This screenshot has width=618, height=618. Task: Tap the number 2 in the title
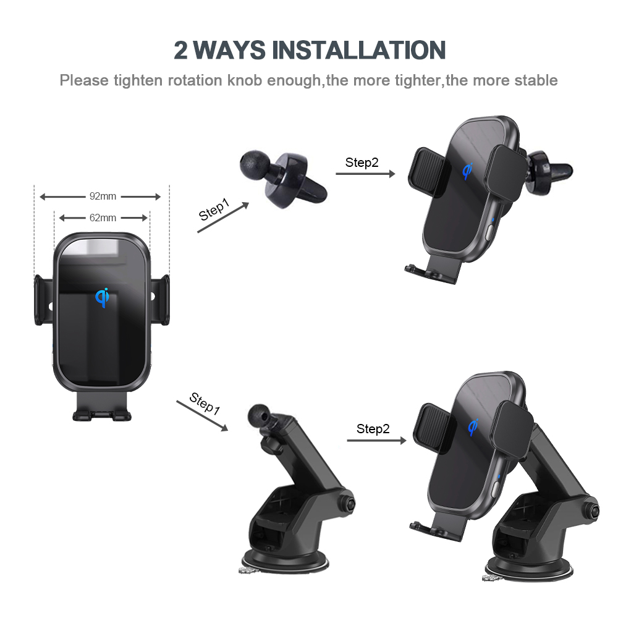click(180, 51)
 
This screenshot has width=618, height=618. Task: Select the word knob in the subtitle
click(244, 80)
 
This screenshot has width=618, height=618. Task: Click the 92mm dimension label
click(103, 197)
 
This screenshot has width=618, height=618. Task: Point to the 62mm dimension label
click(103, 218)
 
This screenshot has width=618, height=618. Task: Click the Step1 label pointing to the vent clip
click(214, 210)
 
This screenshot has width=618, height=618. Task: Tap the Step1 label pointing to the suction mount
click(205, 404)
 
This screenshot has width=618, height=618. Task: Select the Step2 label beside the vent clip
click(362, 163)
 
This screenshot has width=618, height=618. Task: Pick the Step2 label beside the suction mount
click(373, 429)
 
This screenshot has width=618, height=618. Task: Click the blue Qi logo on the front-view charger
click(102, 298)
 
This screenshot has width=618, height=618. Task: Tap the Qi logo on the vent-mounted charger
click(467, 171)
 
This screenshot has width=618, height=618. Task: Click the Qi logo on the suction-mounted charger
click(473, 427)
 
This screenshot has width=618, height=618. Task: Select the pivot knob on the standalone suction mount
click(347, 503)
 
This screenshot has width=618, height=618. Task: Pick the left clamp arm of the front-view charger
click(43, 300)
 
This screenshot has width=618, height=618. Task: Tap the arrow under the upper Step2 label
click(365, 174)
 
